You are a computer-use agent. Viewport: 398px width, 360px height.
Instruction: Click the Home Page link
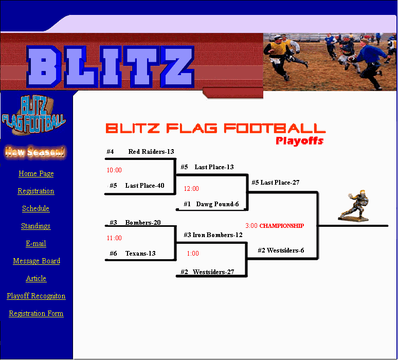(x=36, y=174)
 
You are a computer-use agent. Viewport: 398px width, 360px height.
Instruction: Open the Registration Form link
(x=36, y=314)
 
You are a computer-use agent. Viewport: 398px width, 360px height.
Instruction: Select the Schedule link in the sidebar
(x=36, y=208)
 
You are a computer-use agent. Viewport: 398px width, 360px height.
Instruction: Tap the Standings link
(x=36, y=226)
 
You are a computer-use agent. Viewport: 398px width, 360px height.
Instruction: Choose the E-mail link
(x=36, y=243)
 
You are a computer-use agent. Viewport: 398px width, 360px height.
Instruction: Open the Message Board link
(x=37, y=261)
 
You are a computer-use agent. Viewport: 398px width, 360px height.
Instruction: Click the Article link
(x=36, y=279)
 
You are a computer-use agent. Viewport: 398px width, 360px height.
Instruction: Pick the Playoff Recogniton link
(x=36, y=296)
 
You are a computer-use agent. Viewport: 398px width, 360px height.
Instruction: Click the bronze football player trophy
(x=354, y=206)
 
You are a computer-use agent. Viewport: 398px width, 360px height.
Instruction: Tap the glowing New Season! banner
(x=35, y=152)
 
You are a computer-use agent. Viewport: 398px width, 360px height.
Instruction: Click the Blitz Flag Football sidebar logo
(x=34, y=115)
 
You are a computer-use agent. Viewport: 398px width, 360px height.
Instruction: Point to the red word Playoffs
(x=299, y=141)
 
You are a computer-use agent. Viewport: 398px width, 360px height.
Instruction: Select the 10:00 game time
(x=114, y=170)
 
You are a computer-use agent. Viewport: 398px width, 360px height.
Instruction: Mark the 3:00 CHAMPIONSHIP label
(x=275, y=226)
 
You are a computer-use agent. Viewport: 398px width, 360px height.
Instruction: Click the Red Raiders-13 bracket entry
(x=151, y=152)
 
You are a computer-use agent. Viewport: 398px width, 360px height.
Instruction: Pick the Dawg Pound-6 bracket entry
(x=218, y=204)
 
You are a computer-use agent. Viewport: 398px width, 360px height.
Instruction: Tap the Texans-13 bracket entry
(x=140, y=254)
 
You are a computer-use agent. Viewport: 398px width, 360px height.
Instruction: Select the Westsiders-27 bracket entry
(x=213, y=272)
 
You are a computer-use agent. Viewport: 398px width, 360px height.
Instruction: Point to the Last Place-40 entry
(x=144, y=186)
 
